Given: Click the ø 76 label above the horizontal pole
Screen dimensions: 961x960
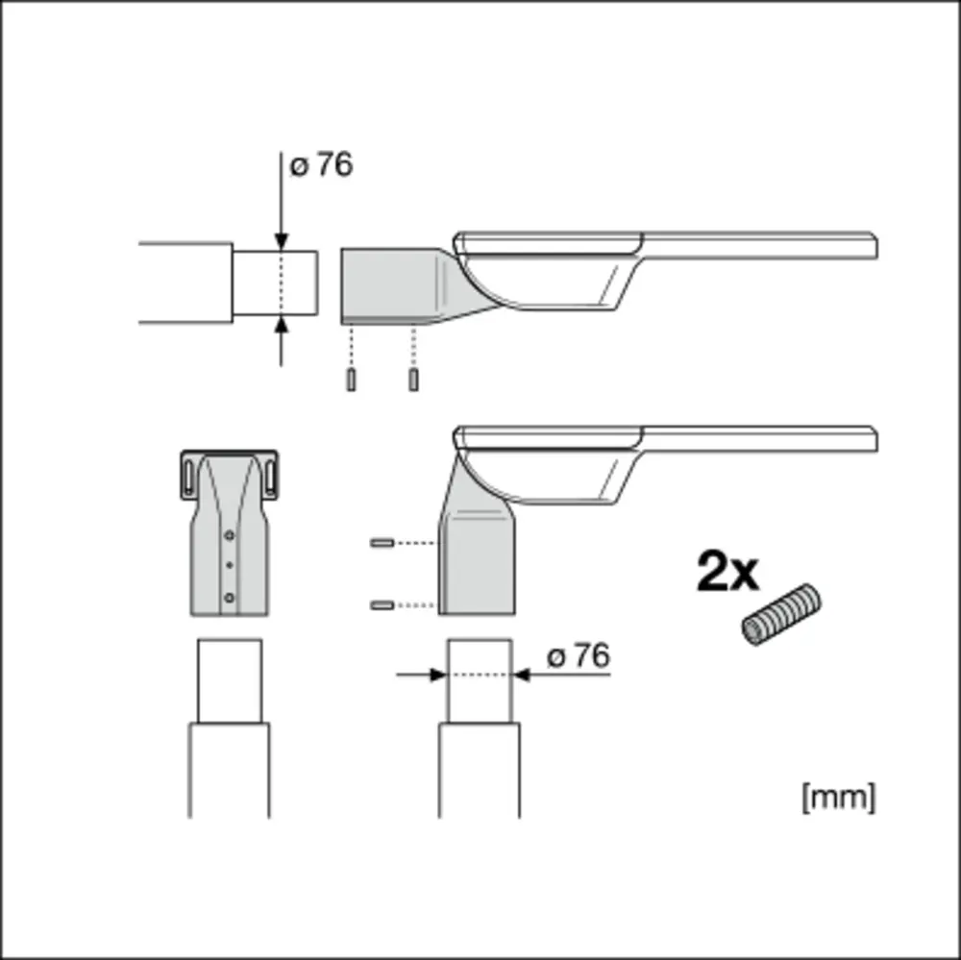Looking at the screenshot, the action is click(321, 165).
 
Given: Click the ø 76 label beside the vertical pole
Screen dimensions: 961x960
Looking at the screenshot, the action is click(579, 655).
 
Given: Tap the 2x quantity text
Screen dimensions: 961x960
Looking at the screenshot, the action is click(727, 572).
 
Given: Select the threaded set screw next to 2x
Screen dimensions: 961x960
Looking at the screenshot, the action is click(780, 614).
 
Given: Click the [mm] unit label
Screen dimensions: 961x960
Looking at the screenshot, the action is click(838, 797).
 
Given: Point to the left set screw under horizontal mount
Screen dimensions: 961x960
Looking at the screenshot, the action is click(351, 380).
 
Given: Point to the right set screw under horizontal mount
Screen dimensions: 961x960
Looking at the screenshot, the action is click(413, 380).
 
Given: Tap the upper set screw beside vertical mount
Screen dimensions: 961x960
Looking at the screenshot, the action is click(382, 543).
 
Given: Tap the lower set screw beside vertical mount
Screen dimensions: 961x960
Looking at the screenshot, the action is click(382, 605).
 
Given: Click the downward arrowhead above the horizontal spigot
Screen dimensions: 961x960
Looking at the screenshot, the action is click(282, 242).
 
